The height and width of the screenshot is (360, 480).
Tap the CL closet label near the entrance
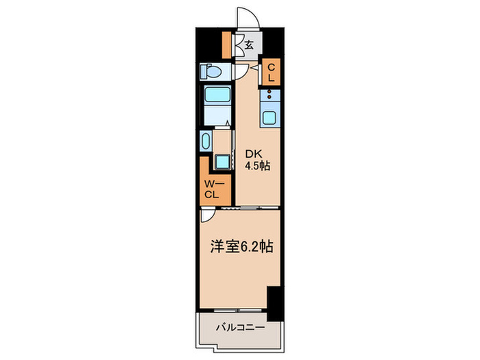(271, 73)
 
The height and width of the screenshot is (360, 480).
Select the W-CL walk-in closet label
(212, 189)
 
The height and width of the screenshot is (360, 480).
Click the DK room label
(252, 154)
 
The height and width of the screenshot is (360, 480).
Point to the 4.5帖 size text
(256, 167)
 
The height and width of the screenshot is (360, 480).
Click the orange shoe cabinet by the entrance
(227, 45)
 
